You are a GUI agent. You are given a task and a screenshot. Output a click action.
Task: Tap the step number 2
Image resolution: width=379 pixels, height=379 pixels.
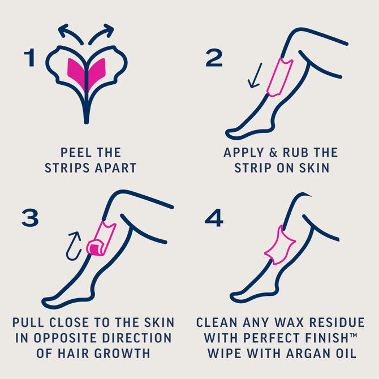coord(214,58)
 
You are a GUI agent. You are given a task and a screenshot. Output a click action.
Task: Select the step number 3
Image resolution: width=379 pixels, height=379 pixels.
coord(30,218)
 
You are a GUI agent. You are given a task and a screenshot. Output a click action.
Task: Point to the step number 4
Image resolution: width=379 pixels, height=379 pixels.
coord(214,218)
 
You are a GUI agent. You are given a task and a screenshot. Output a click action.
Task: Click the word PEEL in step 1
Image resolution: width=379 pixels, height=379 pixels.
coord(72,153)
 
